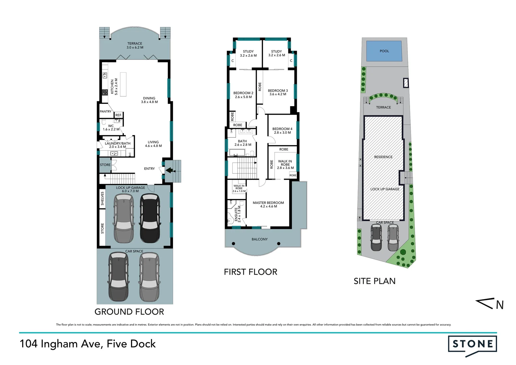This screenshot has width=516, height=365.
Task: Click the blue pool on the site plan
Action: coord(384,51)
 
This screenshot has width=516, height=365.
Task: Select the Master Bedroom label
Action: coord(268,203)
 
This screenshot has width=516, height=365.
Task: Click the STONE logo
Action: coord(472,345)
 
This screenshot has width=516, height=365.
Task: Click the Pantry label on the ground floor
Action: coord(105,112)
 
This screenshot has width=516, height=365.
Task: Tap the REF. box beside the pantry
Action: coord(119,115)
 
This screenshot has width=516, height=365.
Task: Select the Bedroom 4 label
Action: coord(282,129)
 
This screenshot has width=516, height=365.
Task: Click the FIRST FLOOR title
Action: coord(250,272)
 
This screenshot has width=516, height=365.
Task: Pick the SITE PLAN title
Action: coord(374,281)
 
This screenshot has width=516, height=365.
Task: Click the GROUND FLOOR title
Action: coord(129,312)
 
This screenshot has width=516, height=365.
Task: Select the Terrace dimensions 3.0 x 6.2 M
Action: coord(135,48)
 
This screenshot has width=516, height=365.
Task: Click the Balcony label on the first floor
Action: coord(259,239)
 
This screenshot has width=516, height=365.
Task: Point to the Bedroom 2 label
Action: coord(243,93)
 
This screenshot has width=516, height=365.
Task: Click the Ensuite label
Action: coord(236,214)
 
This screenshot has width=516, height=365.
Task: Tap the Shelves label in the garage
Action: coord(102,198)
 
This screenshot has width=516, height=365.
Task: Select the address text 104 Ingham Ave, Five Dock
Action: coord(88,344)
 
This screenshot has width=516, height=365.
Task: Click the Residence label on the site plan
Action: coord(383,157)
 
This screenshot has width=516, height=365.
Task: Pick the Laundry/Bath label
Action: coord(118,143)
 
